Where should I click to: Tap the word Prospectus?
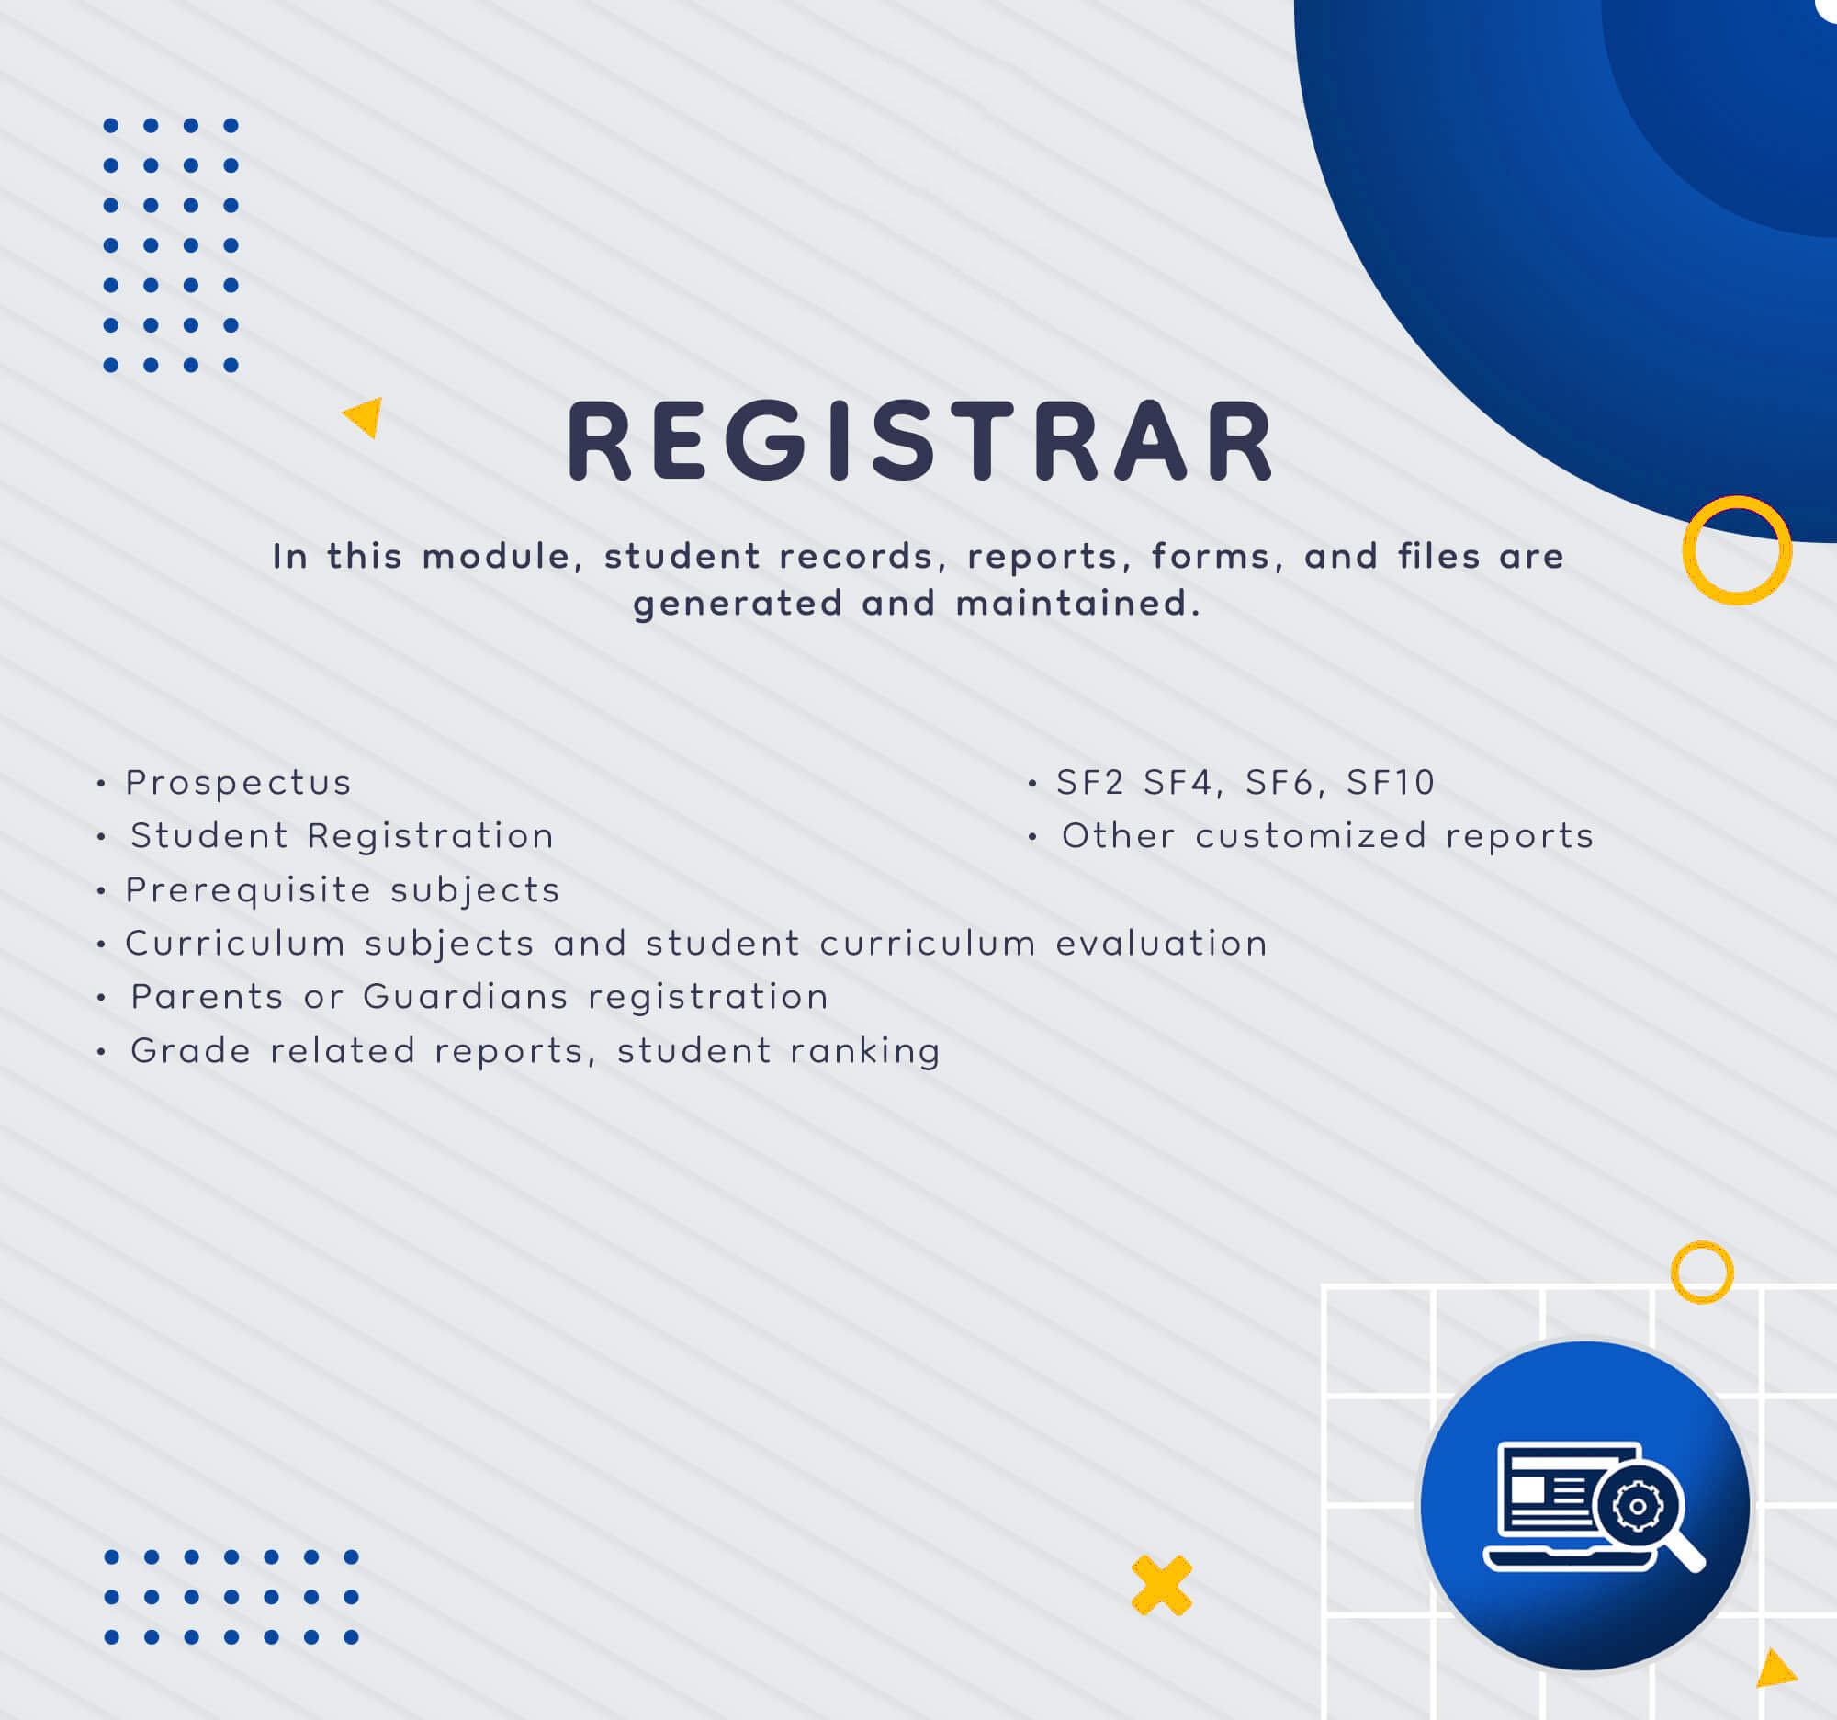click(x=239, y=783)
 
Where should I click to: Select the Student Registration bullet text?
click(x=342, y=835)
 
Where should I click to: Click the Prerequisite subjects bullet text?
click(x=343, y=890)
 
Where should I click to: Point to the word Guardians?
click(x=466, y=996)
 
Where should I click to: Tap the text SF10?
click(x=1390, y=782)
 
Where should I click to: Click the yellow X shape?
click(x=1162, y=1586)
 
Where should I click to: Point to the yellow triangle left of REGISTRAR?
click(x=366, y=417)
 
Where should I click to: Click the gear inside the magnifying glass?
click(x=1639, y=1508)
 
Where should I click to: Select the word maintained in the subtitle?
click(x=1078, y=604)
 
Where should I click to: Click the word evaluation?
click(x=1162, y=943)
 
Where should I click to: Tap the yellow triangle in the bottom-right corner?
click(x=1775, y=1669)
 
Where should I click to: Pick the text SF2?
click(x=1090, y=782)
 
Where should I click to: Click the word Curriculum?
click(x=236, y=943)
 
